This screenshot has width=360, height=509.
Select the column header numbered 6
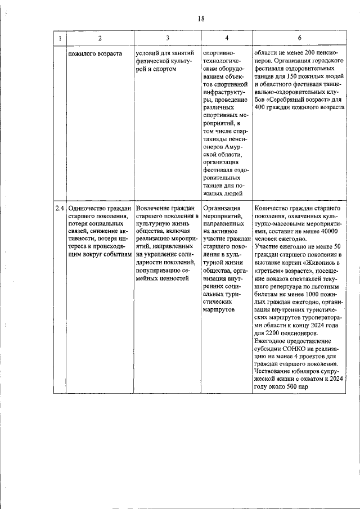tap(299, 38)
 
